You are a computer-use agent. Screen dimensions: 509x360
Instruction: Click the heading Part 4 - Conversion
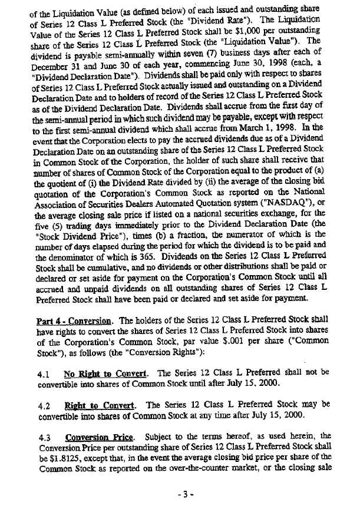click(80, 320)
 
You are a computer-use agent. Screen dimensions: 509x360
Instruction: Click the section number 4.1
click(42, 373)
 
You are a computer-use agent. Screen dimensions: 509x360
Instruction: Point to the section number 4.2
click(42, 405)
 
